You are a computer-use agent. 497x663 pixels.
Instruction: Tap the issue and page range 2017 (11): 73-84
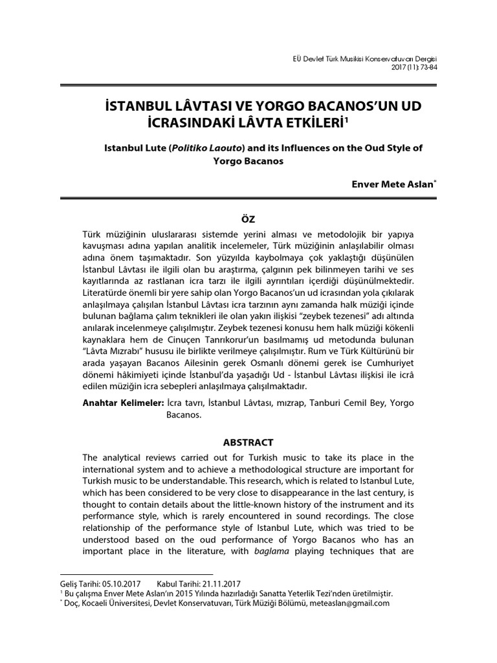(414, 68)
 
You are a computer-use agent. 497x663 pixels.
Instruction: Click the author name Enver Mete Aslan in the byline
(390, 185)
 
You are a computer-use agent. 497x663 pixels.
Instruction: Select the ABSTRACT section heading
(248, 443)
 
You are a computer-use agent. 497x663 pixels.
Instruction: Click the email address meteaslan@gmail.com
(350, 603)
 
